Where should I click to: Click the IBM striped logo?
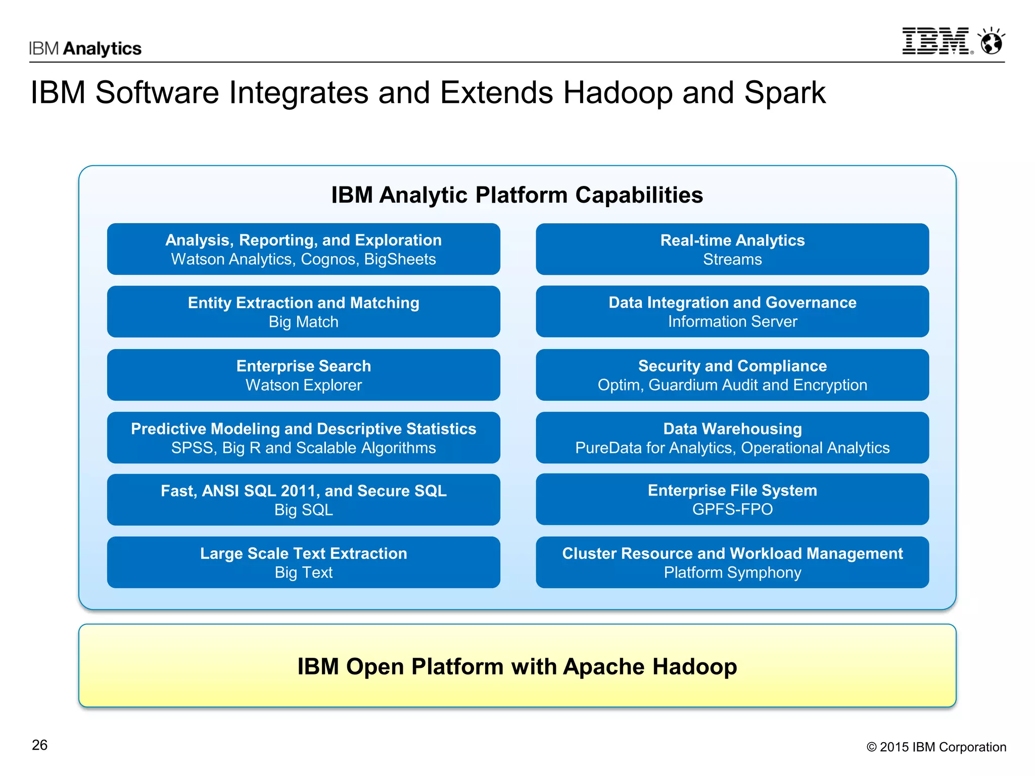click(936, 41)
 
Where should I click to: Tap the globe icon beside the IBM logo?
click(992, 41)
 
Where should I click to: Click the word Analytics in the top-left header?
click(103, 48)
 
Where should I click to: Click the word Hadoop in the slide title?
click(618, 93)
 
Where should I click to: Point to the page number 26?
click(39, 745)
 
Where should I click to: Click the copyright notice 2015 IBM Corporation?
click(936, 747)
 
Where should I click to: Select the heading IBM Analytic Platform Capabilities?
click(517, 195)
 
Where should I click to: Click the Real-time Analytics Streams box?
click(732, 249)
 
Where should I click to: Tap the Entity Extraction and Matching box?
click(303, 312)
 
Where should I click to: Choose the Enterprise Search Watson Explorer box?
click(303, 375)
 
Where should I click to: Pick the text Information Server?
click(732, 322)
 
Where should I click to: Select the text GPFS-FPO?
click(732, 509)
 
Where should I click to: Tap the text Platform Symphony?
click(732, 572)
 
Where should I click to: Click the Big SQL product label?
click(303, 510)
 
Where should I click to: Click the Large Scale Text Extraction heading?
click(303, 553)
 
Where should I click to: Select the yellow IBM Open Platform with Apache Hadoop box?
click(517, 666)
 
